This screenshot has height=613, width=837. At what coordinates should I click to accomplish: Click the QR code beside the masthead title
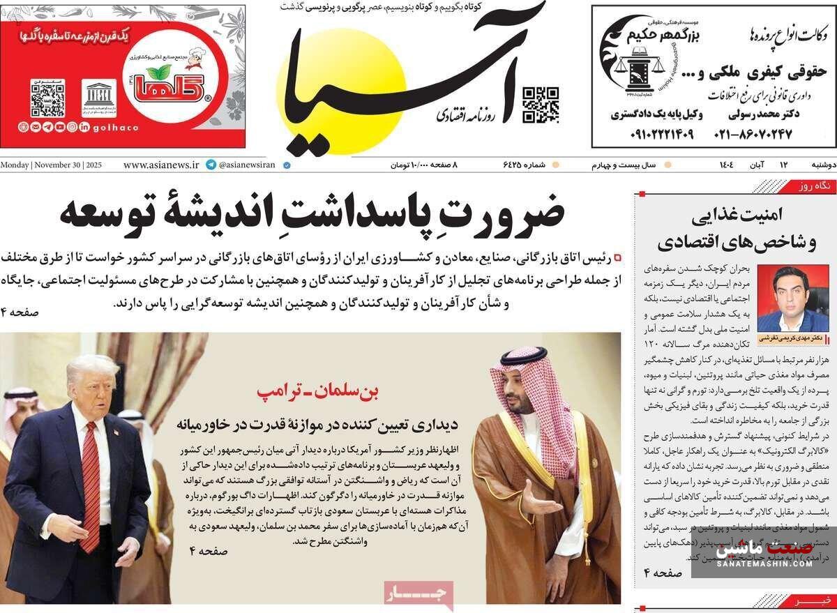541,105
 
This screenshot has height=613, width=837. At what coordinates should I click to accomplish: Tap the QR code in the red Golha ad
47,98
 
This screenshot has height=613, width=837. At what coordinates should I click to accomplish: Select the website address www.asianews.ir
160,165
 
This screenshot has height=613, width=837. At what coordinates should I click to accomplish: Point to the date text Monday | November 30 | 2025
52,165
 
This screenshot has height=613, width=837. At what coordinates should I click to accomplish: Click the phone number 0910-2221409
651,133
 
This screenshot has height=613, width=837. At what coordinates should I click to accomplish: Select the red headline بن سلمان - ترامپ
317,392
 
